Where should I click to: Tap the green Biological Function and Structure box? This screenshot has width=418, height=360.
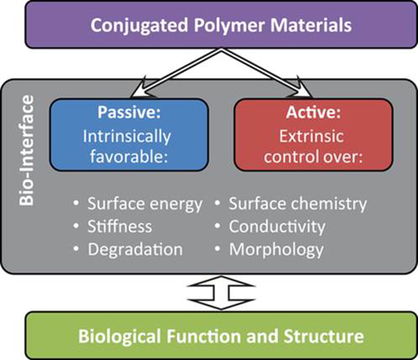coord(210,336)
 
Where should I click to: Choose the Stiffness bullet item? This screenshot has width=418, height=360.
coord(119,226)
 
